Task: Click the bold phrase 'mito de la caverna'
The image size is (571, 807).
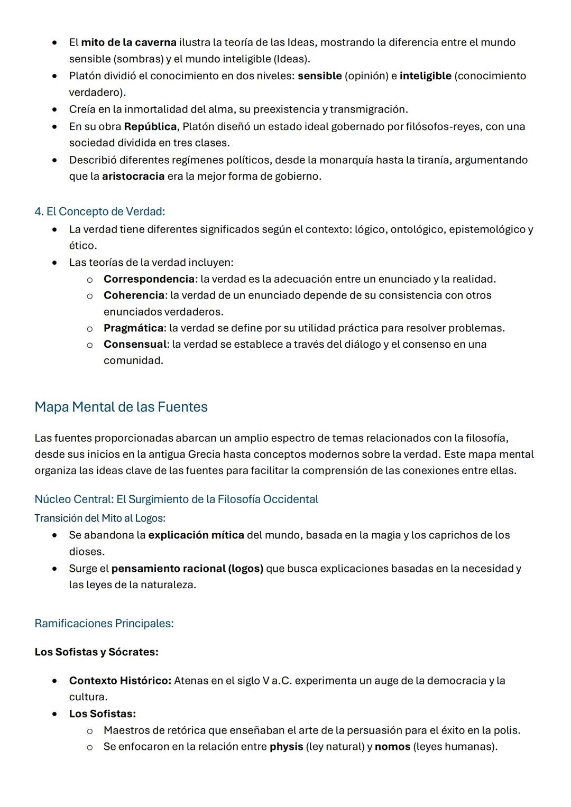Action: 128,42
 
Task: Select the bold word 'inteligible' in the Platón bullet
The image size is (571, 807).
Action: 425,76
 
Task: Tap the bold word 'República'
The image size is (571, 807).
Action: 150,126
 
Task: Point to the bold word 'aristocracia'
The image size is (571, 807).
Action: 133,176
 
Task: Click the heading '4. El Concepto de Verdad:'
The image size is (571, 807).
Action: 99,211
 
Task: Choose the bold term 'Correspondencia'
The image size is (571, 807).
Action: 149,279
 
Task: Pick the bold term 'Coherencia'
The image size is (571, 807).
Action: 134,295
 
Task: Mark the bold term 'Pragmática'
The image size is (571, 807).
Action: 133,328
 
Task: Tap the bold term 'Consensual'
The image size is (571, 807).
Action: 135,344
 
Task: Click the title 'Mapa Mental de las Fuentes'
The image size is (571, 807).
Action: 121,407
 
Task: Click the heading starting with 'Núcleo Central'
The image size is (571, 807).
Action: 176,499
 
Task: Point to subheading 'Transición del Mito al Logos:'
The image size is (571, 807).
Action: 99,518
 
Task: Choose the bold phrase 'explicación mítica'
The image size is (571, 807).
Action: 196,535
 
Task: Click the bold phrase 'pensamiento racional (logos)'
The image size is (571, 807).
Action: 187,568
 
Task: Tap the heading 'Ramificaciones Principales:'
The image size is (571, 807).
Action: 104,623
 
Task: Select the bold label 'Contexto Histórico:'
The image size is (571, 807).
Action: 120,680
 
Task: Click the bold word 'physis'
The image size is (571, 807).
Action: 286,746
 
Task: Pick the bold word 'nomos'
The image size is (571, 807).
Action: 392,746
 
